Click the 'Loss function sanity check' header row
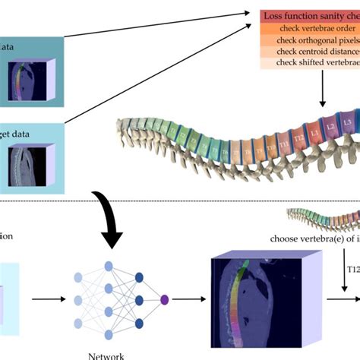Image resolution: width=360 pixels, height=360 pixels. pos(309,14)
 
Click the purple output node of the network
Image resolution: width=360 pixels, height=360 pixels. pos(165,300)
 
